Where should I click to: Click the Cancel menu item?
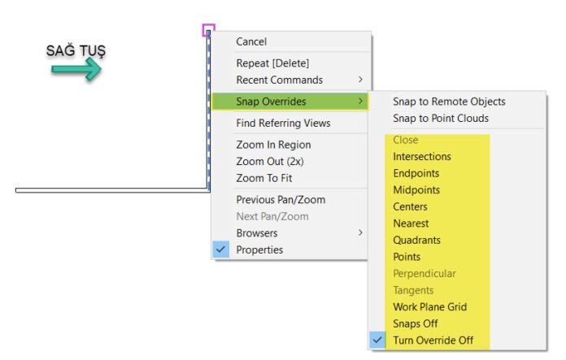point(251,41)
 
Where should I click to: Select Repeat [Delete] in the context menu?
point(272,63)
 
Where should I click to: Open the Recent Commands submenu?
point(280,80)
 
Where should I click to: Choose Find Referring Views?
point(283,123)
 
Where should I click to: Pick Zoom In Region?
point(273,145)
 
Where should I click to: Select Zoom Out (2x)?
point(270,161)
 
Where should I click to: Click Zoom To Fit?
point(263,178)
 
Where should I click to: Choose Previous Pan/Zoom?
point(281,199)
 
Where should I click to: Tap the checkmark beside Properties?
point(220,249)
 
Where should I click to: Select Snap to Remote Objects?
point(449,102)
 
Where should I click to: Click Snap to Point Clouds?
point(441,118)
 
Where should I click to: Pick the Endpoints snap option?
point(416,173)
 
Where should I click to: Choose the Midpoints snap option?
point(416,189)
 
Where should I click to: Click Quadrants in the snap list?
point(416,240)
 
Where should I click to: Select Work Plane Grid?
point(429,306)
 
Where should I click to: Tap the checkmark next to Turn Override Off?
point(377,340)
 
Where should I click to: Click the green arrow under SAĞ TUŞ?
point(76,69)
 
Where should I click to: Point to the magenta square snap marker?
point(209,24)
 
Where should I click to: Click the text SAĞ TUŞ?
point(76,50)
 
